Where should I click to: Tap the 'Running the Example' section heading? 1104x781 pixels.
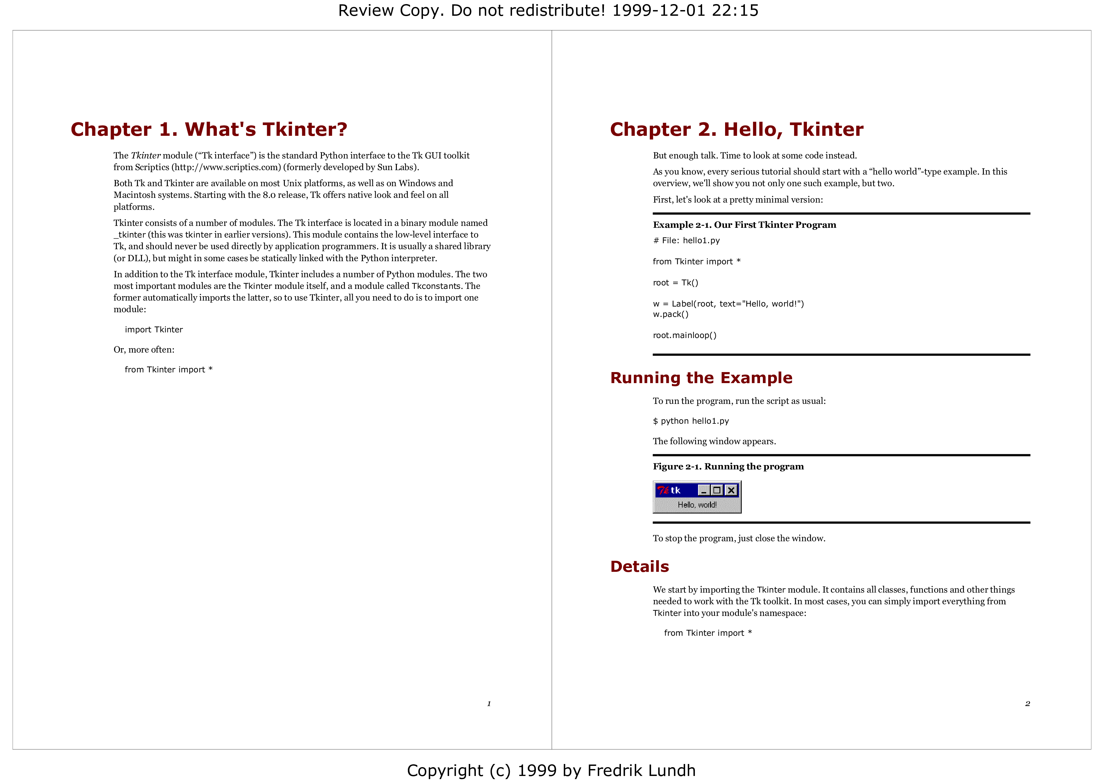(701, 378)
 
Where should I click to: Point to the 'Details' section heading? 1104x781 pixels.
(639, 566)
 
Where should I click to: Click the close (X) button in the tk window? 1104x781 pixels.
(731, 490)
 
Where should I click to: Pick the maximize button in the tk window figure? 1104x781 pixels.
(717, 490)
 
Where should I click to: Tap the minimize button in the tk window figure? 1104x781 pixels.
(704, 490)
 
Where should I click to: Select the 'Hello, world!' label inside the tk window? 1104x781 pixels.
(697, 505)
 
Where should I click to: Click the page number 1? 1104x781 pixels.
(489, 703)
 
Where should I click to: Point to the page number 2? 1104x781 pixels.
(1028, 703)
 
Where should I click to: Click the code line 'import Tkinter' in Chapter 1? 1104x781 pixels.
(154, 330)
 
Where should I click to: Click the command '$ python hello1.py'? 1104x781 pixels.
(691, 421)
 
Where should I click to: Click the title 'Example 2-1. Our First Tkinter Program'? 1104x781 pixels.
(744, 225)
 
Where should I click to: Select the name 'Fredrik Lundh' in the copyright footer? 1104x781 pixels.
(641, 770)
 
